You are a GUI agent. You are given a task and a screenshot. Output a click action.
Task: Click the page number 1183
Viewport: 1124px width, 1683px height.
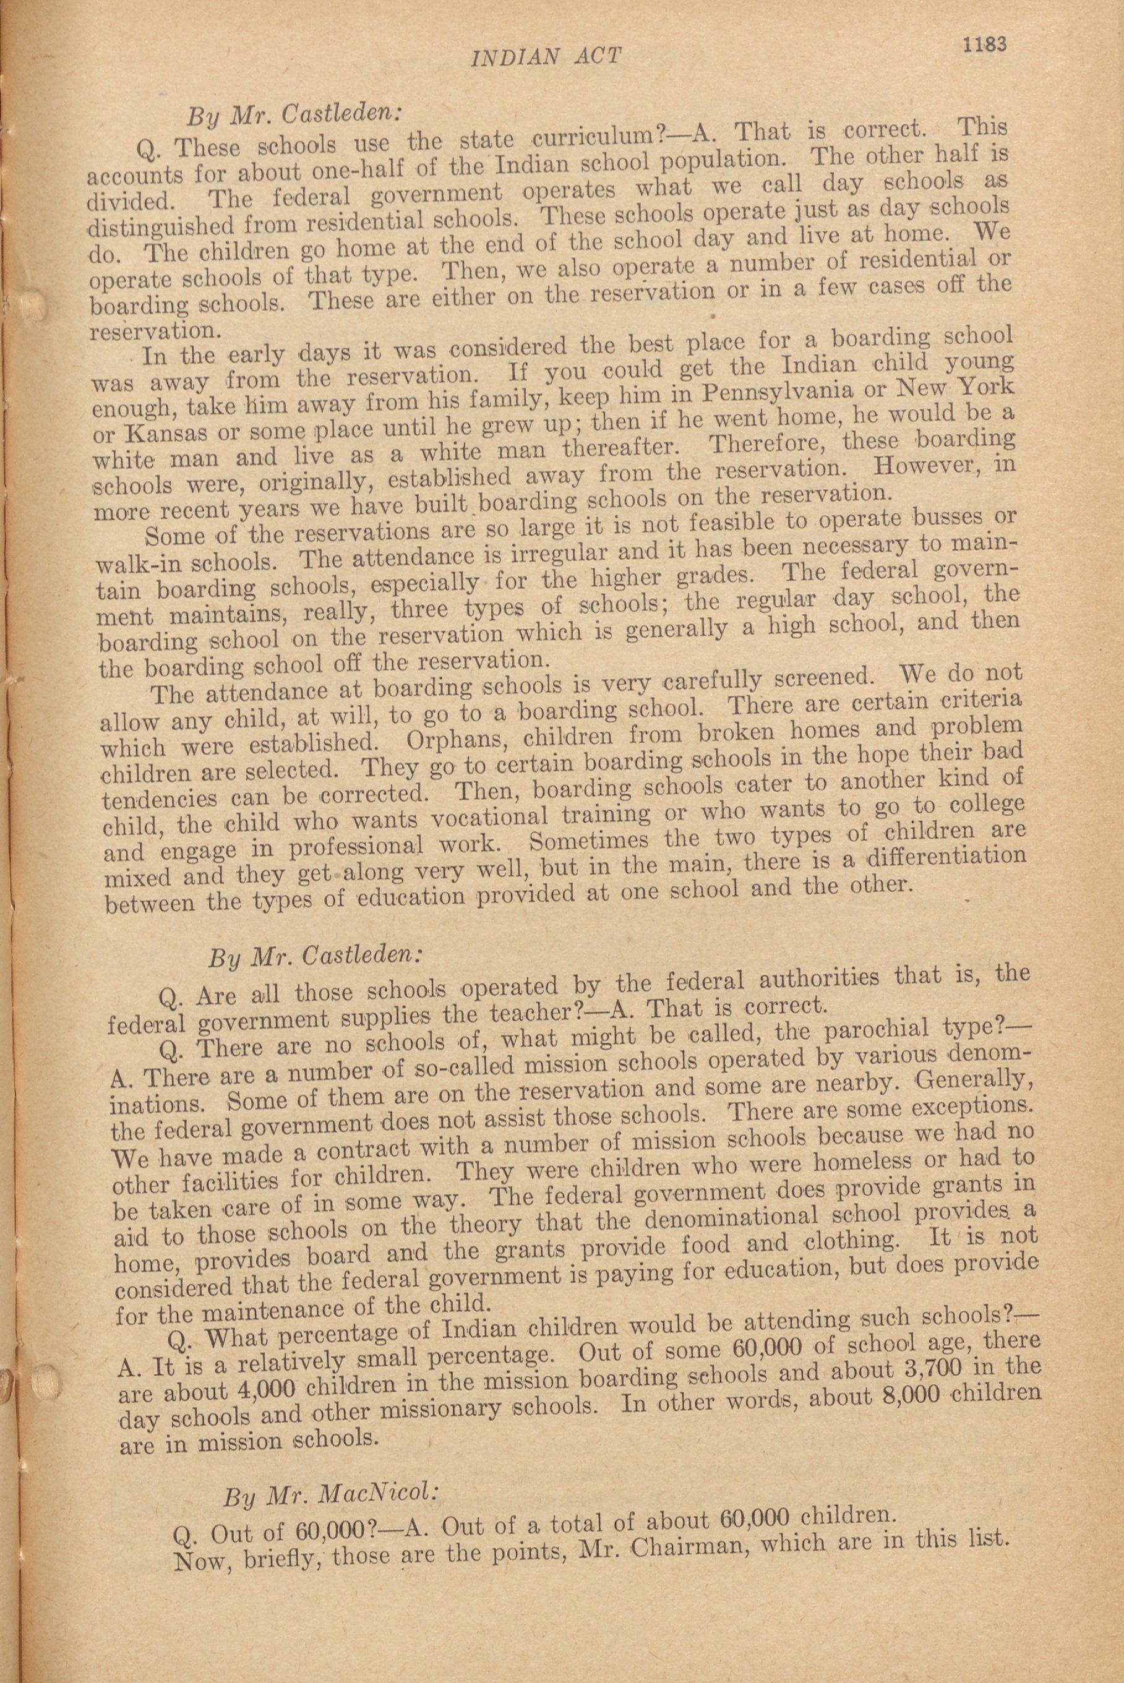[985, 44]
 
